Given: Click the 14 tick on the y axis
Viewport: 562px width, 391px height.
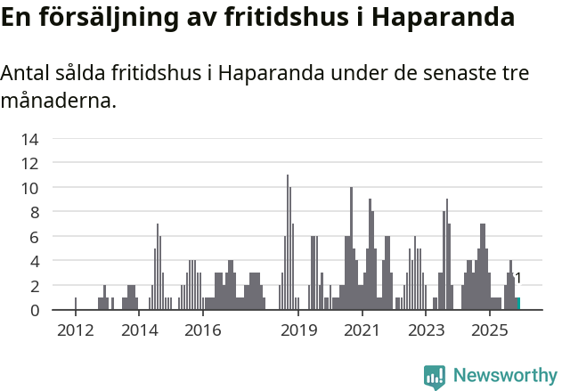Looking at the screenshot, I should click(29, 139).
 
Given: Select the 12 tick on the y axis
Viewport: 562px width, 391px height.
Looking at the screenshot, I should click(29, 163).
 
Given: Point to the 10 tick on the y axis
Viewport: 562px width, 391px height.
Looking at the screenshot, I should click(29, 188).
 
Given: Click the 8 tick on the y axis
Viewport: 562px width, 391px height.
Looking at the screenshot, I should click(34, 212).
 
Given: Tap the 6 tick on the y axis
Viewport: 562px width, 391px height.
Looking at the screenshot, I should click(34, 237).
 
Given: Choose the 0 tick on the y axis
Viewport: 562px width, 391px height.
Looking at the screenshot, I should click(34, 310).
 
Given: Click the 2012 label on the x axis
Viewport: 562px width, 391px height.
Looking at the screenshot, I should click(75, 331).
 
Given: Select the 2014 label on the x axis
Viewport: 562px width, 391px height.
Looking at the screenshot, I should click(139, 331).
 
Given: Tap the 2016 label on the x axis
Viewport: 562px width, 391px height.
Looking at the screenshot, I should click(203, 331).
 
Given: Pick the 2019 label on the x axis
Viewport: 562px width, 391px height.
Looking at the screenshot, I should click(299, 331).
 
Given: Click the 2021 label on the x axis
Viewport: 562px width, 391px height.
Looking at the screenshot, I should click(362, 331).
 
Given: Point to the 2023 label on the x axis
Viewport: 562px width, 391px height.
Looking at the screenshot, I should click(427, 331).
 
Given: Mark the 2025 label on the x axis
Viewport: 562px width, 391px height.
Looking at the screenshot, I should click(490, 331).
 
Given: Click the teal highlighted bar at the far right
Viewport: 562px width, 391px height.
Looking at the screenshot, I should click(518, 304).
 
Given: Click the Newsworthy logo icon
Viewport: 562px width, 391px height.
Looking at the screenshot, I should click(435, 377).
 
